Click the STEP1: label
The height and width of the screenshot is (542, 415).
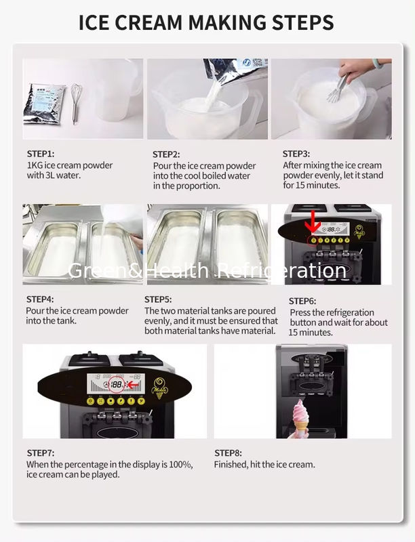coord(41,154)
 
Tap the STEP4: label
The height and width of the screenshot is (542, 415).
coord(40,299)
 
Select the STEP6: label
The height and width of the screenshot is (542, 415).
coord(302,301)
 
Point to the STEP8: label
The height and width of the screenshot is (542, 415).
coord(228,453)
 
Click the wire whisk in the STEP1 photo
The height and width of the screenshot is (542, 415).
coord(76,103)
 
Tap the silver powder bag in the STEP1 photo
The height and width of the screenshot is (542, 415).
coord(44,104)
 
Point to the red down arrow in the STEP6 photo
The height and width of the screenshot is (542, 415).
coord(313,222)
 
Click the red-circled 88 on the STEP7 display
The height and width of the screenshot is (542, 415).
coord(117,385)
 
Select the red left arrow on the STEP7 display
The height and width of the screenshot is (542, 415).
coord(134,385)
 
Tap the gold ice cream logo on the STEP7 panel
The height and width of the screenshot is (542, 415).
coord(159,388)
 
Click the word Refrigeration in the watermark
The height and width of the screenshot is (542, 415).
coord(282,270)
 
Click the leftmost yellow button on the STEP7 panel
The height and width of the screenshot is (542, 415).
coord(91,401)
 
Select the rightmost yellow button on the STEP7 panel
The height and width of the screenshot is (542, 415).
coord(141,401)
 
